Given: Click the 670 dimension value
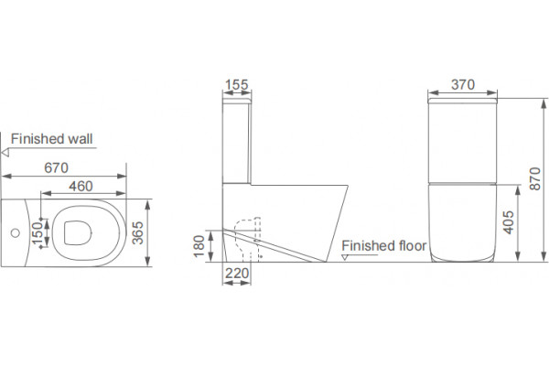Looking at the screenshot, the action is coord(56,167).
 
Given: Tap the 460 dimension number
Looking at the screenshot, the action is coord(81,186).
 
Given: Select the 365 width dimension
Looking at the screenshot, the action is coord(137,233).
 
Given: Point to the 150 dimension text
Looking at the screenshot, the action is coord(37,233).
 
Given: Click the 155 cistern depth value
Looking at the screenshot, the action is coord(237,84).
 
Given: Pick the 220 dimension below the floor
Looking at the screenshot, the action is coord(237,274).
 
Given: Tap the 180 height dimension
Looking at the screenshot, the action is coord(199,246).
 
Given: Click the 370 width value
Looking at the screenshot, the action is coord(463,84).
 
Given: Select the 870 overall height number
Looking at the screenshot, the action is coord(535,179).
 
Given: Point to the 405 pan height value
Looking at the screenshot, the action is coord(508,222).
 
